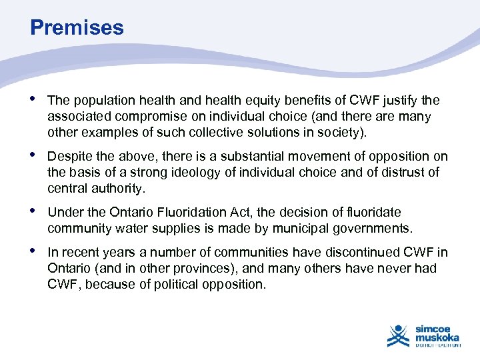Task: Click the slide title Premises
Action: point(77,28)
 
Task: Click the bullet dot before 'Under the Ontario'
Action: point(34,212)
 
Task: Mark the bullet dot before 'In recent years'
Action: point(34,252)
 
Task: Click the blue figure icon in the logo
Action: point(399,335)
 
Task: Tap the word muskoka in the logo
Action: point(437,337)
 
